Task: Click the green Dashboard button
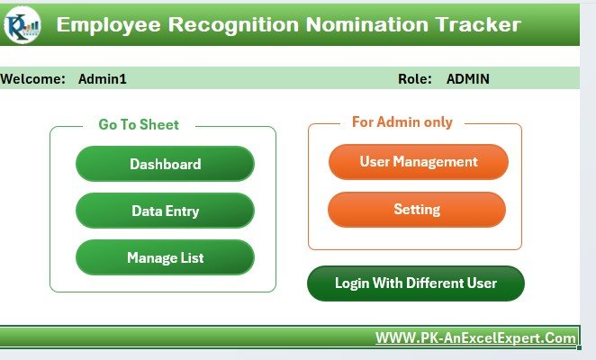click(165, 164)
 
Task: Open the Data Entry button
click(165, 211)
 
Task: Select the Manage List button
click(165, 257)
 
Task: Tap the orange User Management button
click(419, 162)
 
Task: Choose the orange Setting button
click(417, 210)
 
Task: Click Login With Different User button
click(416, 283)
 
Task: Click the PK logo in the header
click(23, 24)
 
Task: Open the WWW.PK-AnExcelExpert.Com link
click(475, 337)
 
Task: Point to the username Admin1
click(103, 78)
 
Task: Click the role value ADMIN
click(468, 78)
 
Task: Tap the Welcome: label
click(33, 78)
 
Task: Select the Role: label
click(415, 78)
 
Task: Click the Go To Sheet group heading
click(139, 125)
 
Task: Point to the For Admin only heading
click(402, 122)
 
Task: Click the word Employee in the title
click(108, 25)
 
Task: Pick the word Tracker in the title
click(478, 24)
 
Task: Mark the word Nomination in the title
click(366, 24)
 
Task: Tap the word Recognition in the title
click(233, 25)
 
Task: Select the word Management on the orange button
click(435, 162)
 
